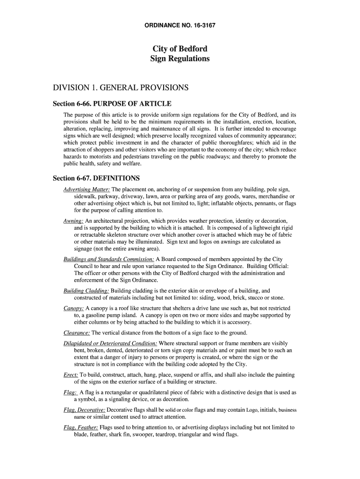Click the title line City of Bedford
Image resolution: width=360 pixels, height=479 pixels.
pos(180,49)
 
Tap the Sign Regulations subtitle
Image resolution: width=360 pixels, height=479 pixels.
pos(180,59)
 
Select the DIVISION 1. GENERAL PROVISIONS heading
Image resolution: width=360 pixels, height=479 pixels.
pos(122,87)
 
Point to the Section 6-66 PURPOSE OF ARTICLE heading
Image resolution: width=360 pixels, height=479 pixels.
pos(112,103)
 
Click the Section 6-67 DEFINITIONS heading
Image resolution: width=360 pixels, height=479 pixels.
pos(96,178)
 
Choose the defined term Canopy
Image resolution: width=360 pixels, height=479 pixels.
pos(74,308)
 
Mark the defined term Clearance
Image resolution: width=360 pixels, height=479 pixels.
pos(77,333)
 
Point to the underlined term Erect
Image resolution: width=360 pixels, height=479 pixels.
pos(71,375)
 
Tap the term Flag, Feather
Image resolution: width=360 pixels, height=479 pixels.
pos(80,427)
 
